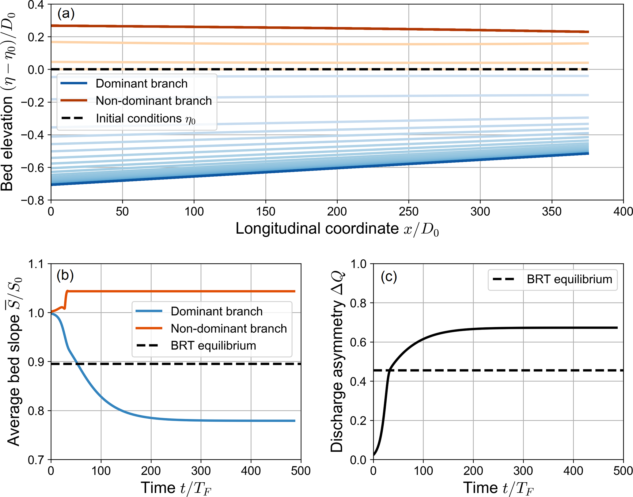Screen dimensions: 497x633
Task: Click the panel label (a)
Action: click(66, 14)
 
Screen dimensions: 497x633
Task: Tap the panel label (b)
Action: click(65, 275)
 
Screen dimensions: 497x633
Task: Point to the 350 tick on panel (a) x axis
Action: click(552, 212)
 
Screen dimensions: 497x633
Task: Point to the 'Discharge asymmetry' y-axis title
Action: click(337, 361)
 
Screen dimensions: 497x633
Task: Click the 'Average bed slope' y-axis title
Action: click(14, 361)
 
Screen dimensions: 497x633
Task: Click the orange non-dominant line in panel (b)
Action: click(184, 291)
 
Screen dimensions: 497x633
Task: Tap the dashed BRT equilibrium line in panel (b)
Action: click(184, 364)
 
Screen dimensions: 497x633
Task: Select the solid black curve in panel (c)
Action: click(521, 328)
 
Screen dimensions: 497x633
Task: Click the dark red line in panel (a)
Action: click(306, 28)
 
